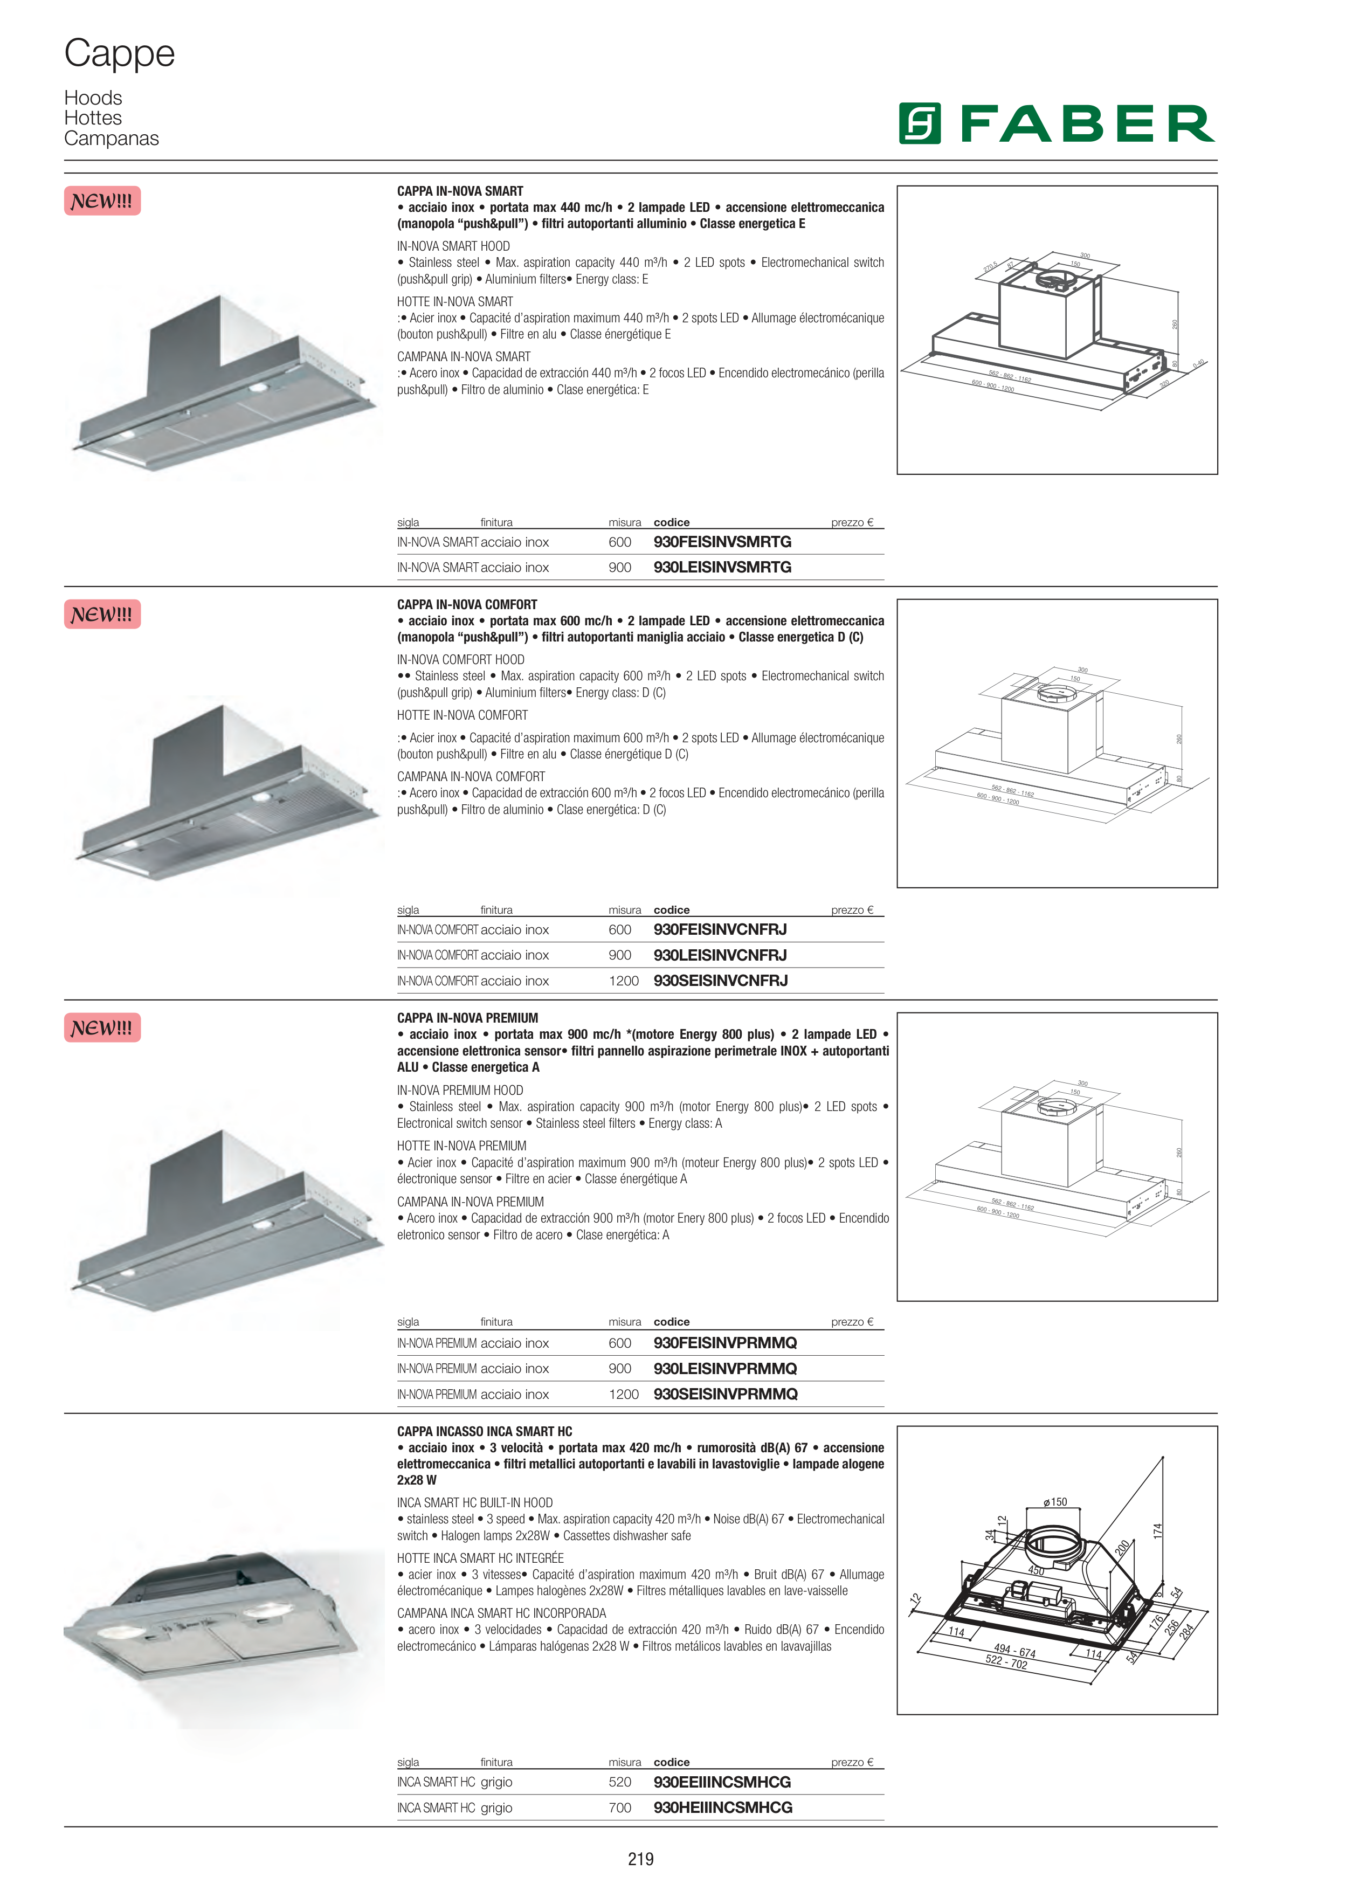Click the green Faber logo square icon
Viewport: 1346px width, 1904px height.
point(920,123)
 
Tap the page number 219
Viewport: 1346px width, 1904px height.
point(640,1859)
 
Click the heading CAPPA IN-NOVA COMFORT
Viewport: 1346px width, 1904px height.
point(467,604)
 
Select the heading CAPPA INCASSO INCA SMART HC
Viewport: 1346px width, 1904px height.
point(484,1431)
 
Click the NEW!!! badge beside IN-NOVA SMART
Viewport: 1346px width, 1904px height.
point(102,201)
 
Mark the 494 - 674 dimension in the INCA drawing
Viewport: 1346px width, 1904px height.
point(1014,1651)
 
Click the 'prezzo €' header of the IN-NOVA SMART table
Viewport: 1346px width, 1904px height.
point(852,522)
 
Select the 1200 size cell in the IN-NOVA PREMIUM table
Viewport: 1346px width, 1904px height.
point(624,1394)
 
